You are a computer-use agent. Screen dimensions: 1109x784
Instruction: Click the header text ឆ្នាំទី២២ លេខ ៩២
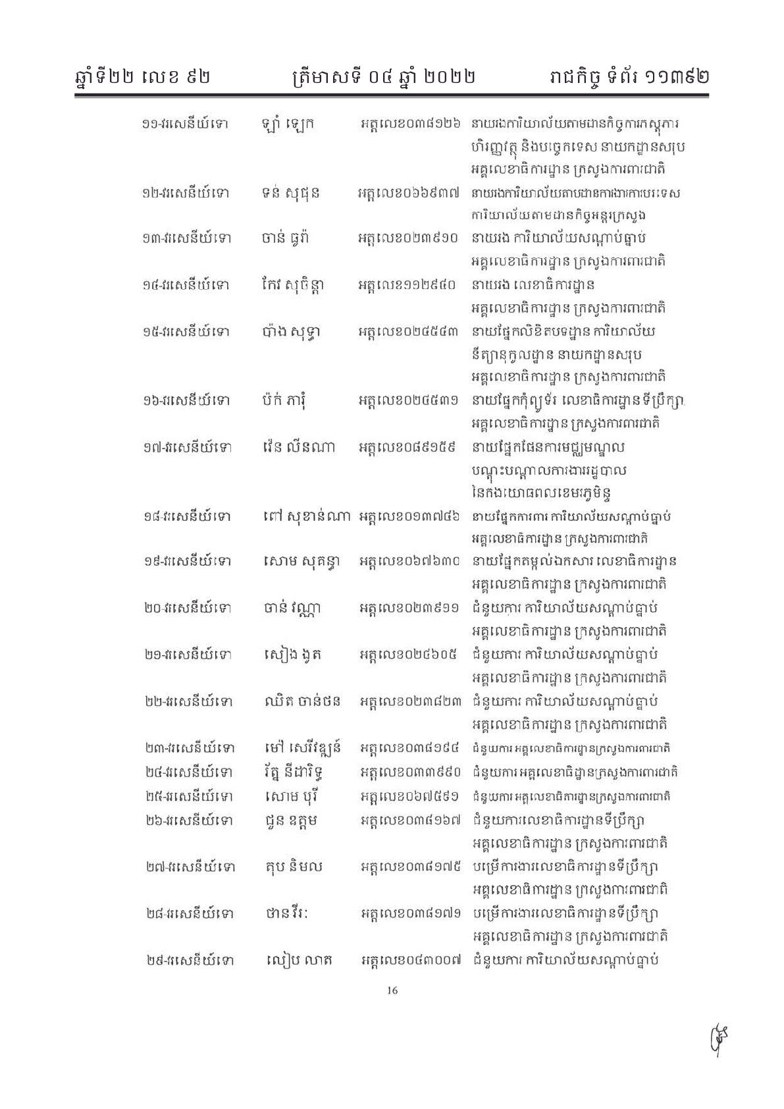coord(143,76)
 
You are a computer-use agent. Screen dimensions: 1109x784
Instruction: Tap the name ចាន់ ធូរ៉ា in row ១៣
coord(285,238)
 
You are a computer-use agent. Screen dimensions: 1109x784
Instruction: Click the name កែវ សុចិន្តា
coord(292,285)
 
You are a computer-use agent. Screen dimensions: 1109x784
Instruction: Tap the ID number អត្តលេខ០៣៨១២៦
coord(409,123)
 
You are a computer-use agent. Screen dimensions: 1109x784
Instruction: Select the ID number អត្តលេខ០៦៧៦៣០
coord(409,562)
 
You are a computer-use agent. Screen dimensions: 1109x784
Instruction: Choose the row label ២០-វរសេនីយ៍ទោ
coord(187,608)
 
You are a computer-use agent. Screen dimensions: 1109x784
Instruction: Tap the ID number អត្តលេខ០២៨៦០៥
coord(409,655)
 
